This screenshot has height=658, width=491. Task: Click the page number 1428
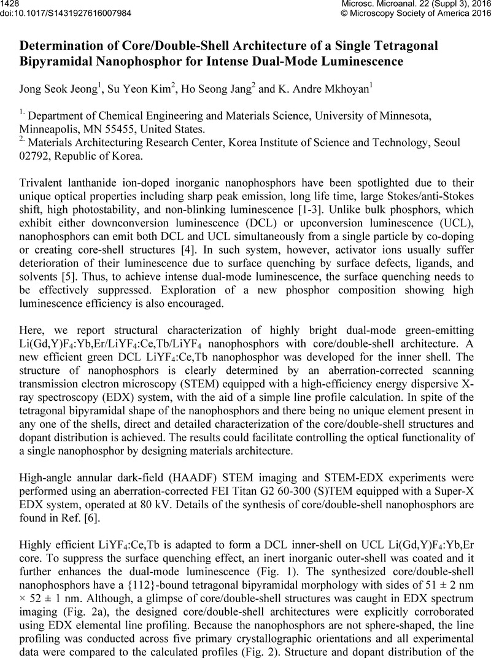click(12, 4)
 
